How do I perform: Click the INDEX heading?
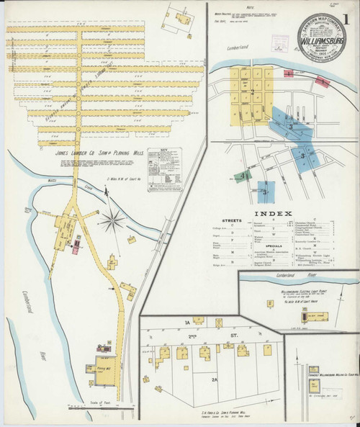(x=274, y=214)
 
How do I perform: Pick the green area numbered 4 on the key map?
(x=246, y=175)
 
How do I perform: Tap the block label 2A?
(x=215, y=378)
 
